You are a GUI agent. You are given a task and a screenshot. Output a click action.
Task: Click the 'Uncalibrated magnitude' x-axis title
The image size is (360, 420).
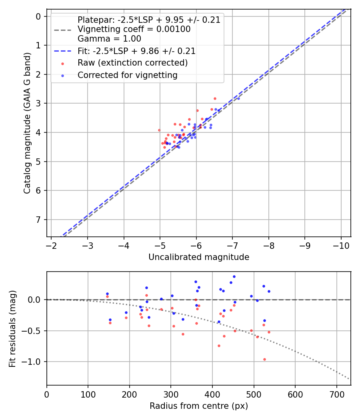point(199,257)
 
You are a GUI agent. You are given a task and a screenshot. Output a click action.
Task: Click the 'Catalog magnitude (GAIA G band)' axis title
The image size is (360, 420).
point(27,126)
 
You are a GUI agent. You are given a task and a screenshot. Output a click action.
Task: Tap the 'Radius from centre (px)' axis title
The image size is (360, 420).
point(199,406)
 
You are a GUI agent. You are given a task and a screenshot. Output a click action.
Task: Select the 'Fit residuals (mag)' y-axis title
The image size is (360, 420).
point(12,328)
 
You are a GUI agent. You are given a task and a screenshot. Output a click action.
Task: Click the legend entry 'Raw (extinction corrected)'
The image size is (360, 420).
point(132,63)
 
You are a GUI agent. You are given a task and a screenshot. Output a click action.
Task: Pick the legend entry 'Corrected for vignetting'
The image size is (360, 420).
point(127,75)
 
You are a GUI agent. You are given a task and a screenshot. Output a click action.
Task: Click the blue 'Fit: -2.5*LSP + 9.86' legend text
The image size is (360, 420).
point(136,51)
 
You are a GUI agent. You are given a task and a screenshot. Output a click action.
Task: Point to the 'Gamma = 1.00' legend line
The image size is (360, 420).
point(109,39)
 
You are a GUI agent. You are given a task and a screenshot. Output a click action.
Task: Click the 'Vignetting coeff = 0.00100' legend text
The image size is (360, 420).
point(134,29)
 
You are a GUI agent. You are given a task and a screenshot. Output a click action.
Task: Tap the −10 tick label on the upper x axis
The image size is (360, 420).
point(341,245)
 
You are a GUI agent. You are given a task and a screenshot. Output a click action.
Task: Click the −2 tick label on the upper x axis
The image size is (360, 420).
point(51,245)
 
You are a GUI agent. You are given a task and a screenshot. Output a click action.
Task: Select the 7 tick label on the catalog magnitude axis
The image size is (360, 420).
point(39,220)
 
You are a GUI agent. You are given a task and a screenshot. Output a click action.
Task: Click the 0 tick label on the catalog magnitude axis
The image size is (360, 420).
point(39,16)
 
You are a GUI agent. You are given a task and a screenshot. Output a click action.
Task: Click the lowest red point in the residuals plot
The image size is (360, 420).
point(264,359)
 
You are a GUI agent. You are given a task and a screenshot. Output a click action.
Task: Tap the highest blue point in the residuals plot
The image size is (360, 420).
point(234,276)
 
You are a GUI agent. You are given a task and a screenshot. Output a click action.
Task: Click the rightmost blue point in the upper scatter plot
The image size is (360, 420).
point(238,98)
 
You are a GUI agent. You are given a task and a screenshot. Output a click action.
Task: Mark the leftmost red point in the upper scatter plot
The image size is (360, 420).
point(159,130)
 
